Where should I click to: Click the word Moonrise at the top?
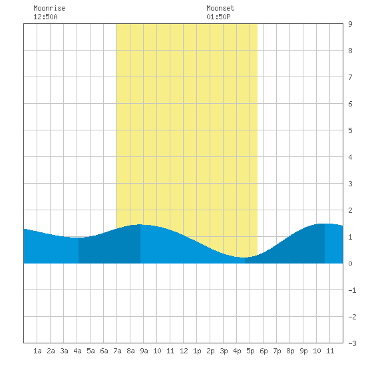pos(49,8)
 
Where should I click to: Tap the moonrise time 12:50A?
pos(45,17)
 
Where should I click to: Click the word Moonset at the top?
pos(220,8)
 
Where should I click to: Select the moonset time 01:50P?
pos(218,17)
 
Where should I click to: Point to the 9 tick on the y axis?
pos(350,24)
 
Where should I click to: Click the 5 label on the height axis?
pos(350,130)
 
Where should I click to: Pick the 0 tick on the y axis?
pos(350,264)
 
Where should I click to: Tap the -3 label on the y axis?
pos(352,343)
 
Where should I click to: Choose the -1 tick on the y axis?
pos(352,290)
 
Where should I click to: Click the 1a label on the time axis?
pos(37,351)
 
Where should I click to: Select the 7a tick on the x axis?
pos(117,351)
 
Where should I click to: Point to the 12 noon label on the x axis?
pos(184,351)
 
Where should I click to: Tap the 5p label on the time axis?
pos(250,351)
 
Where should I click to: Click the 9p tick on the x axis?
pos(303,351)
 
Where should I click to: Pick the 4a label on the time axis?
pos(77,351)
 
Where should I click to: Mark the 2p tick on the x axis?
pos(210,351)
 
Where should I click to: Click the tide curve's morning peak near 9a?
pos(140,224)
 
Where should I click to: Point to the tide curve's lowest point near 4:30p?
pos(244,258)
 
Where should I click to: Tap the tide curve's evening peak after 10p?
pos(325,224)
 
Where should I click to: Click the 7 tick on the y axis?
pos(350,77)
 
